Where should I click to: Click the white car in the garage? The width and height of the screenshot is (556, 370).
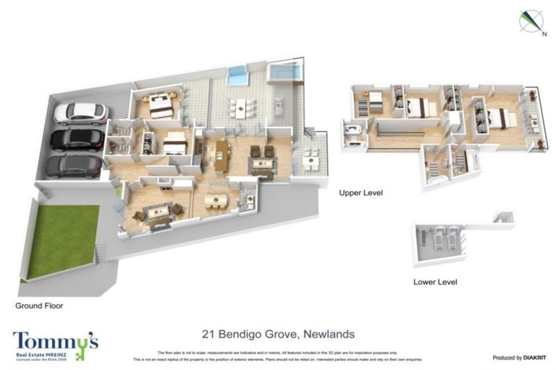point(80,112)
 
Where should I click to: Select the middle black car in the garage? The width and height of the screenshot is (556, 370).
point(75,139)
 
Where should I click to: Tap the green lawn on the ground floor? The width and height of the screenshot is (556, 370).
point(63,241)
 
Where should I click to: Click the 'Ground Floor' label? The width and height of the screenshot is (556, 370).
point(39,306)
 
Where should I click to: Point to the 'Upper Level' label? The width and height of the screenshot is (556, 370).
point(361,194)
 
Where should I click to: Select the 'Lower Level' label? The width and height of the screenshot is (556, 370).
point(434,282)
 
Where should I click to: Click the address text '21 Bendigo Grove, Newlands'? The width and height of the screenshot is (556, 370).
point(277,334)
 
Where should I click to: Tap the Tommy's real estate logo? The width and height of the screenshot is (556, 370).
point(55,344)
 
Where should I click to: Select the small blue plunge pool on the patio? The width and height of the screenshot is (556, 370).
point(237,74)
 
